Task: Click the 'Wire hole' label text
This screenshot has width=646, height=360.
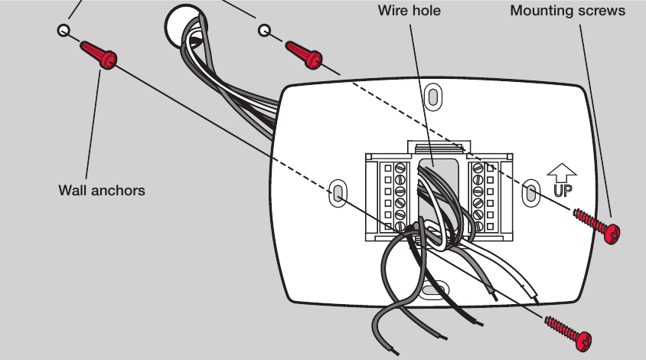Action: tap(409, 10)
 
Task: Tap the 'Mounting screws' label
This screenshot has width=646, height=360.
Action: tap(568, 11)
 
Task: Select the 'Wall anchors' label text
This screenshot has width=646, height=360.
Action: tap(102, 191)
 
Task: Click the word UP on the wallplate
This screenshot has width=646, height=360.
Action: tap(563, 191)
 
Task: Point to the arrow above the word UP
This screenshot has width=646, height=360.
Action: tap(562, 173)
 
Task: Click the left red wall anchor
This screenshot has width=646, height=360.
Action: tap(99, 54)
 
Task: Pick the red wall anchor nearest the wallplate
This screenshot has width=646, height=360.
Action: tap(304, 54)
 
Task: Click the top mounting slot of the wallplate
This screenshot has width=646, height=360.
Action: tap(432, 97)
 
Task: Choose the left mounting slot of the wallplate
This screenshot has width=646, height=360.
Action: tap(338, 193)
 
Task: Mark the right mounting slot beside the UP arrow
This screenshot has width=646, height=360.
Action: tap(531, 192)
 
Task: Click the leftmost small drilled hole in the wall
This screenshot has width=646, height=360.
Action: tap(64, 30)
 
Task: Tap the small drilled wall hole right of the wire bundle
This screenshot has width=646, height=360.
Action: tap(265, 30)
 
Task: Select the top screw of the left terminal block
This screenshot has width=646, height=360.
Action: tap(400, 169)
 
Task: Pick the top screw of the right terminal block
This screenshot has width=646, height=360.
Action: tap(478, 168)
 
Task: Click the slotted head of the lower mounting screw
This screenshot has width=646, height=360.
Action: tap(585, 341)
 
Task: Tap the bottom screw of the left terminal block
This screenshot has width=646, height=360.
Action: tap(400, 226)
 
